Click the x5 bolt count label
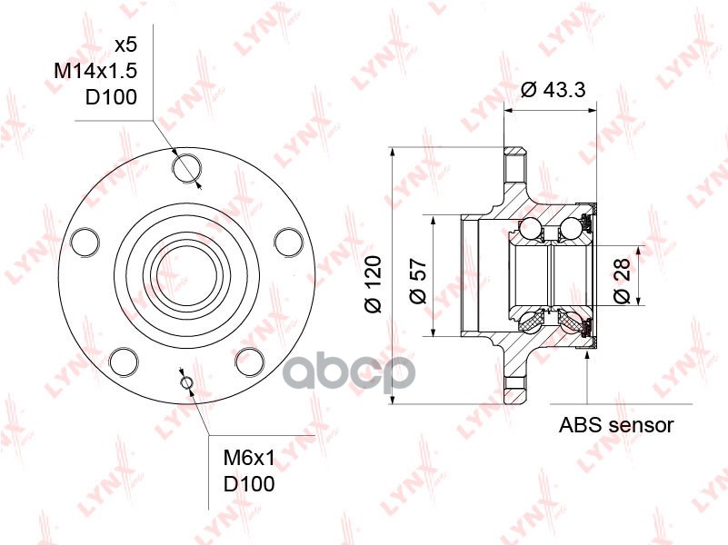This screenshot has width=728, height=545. tap(125, 45)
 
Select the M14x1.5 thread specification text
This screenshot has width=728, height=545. tap(95, 71)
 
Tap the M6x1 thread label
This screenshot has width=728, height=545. tap(249, 459)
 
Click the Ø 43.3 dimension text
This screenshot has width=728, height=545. tap(553, 89)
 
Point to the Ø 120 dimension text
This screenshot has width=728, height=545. tap(373, 283)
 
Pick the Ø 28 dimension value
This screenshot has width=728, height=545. tap(622, 281)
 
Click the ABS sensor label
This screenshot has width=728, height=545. tap(615, 424)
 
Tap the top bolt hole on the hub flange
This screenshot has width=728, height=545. tap(187, 168)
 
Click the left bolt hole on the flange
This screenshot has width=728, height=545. tap(85, 242)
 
